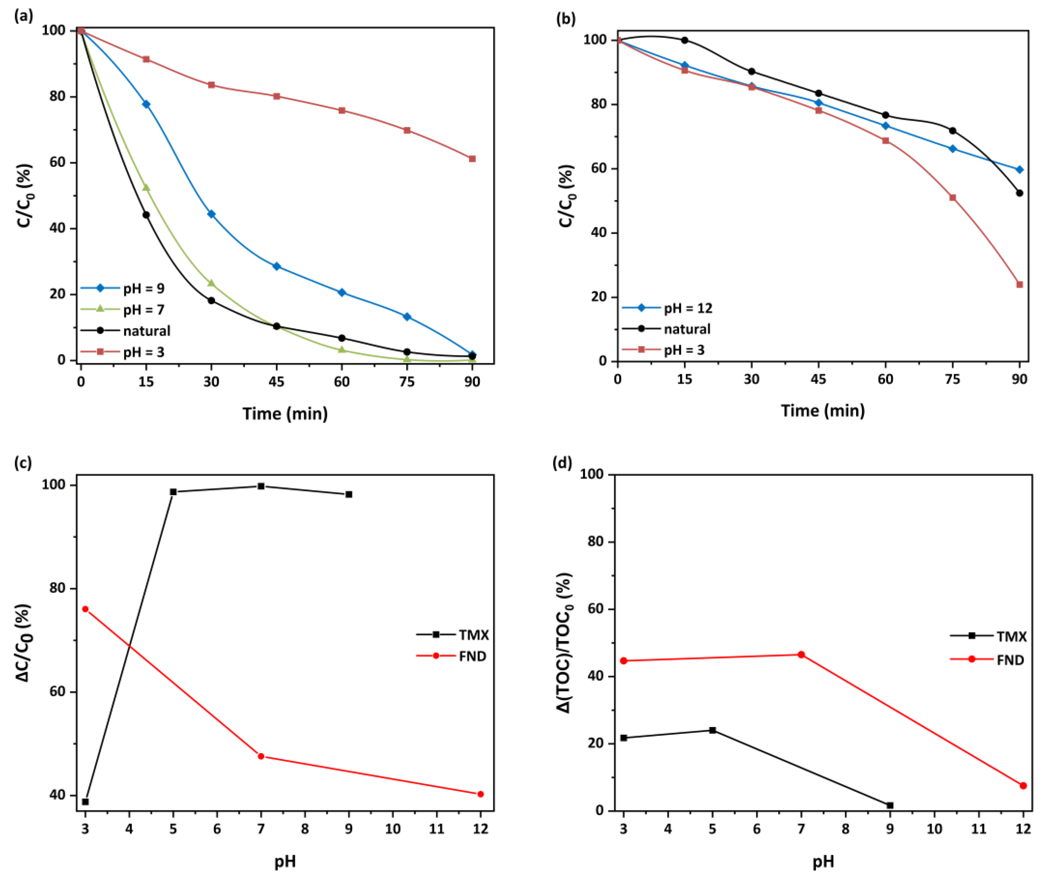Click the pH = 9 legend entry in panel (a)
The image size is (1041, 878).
coord(122,288)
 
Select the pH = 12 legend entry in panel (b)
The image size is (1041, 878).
coord(667,308)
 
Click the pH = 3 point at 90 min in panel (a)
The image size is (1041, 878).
coord(472,159)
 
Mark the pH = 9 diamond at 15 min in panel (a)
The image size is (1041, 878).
coord(146,104)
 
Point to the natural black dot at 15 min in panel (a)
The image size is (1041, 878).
coord(146,215)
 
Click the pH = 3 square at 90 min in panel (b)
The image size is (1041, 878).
coord(1019,285)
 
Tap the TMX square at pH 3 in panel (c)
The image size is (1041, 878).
coord(85,802)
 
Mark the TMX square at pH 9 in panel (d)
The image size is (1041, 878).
coord(890,805)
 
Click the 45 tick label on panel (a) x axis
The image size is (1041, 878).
coord(276,381)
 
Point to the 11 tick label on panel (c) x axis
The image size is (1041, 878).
coord(437,829)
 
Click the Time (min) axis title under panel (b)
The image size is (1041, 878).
coord(822,411)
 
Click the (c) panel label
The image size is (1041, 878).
coord(23,462)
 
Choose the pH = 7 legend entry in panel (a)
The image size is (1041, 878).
coord(122,310)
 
